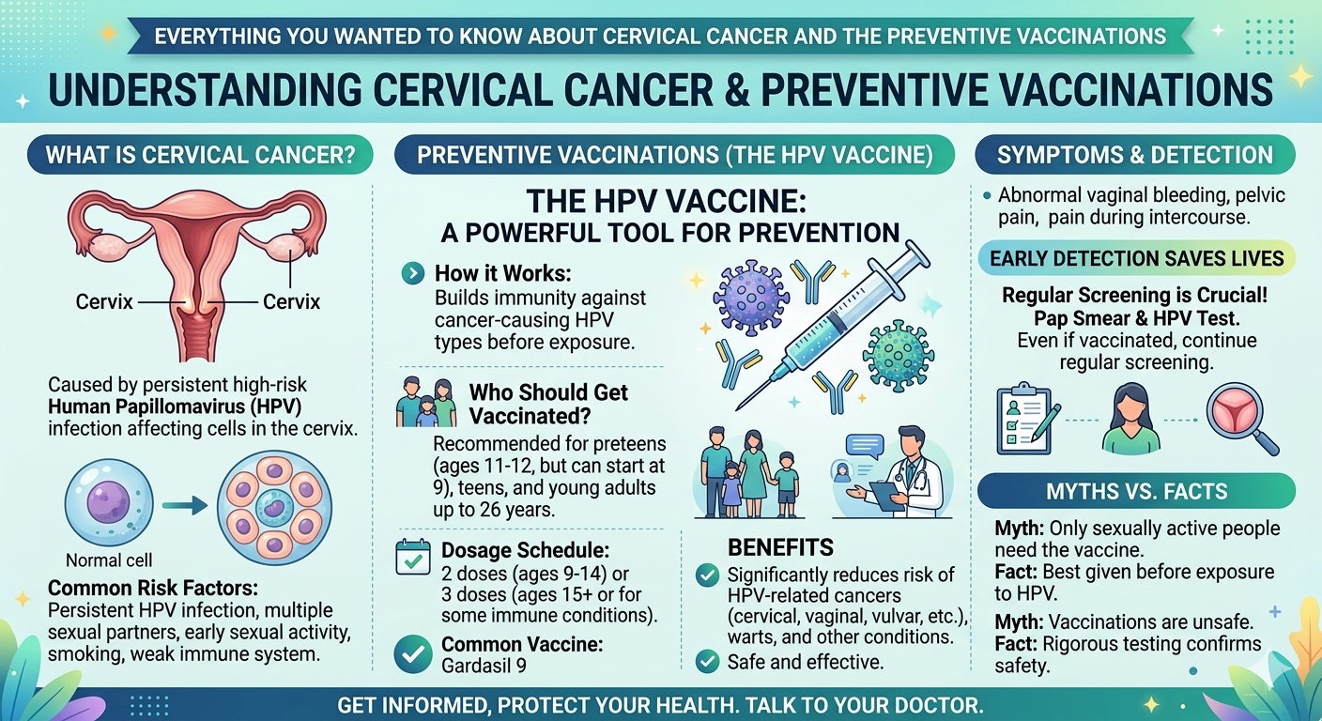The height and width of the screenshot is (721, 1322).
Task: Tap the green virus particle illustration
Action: [898, 356]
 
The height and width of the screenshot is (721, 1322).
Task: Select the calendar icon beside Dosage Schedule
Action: [413, 557]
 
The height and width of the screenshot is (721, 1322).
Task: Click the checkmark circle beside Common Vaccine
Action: [413, 653]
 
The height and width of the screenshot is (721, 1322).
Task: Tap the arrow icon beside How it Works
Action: [412, 273]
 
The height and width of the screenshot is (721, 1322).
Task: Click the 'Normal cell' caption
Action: [109, 560]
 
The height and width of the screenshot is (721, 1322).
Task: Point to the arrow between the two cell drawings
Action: [185, 506]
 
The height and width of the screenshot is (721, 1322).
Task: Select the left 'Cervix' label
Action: [104, 301]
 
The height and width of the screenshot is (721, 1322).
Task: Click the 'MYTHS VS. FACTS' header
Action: [1137, 491]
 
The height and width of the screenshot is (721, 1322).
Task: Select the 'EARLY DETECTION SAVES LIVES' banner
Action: [1137, 258]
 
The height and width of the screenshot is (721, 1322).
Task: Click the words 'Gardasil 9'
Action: [484, 666]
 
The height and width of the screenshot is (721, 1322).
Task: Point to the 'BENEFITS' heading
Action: [780, 547]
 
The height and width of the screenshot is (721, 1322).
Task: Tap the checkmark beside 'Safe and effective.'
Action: [707, 661]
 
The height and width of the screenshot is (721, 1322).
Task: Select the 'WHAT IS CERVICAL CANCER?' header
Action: [200, 155]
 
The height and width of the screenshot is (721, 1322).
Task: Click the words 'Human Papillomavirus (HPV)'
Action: [175, 407]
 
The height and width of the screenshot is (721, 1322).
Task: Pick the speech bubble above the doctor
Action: [865, 446]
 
